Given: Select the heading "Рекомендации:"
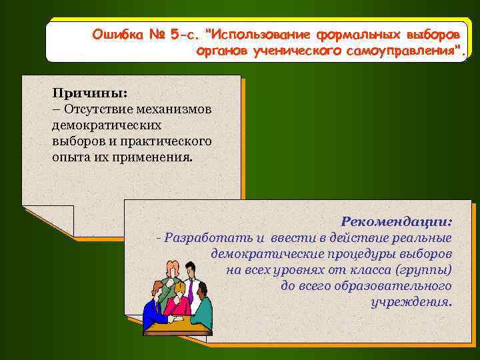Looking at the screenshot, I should [397, 221].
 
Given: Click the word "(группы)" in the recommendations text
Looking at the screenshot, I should [423, 270].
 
